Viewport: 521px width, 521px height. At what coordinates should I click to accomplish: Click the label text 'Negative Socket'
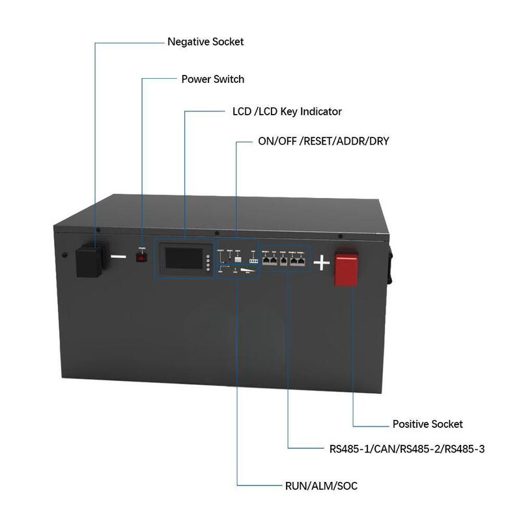205,42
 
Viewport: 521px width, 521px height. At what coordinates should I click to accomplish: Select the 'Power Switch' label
212,79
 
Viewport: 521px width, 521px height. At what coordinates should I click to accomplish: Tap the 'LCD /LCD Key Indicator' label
287,111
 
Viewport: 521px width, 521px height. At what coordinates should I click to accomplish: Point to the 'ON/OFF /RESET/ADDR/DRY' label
322,141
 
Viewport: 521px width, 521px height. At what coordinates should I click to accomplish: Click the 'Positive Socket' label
427,424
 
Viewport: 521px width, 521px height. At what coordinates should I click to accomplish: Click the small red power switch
141,257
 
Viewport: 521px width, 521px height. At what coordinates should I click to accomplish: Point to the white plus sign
322,262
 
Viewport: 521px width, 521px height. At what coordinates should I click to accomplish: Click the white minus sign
119,257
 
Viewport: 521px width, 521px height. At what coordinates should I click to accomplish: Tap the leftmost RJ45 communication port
266,259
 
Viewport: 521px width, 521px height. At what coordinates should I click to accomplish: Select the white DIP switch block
253,260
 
